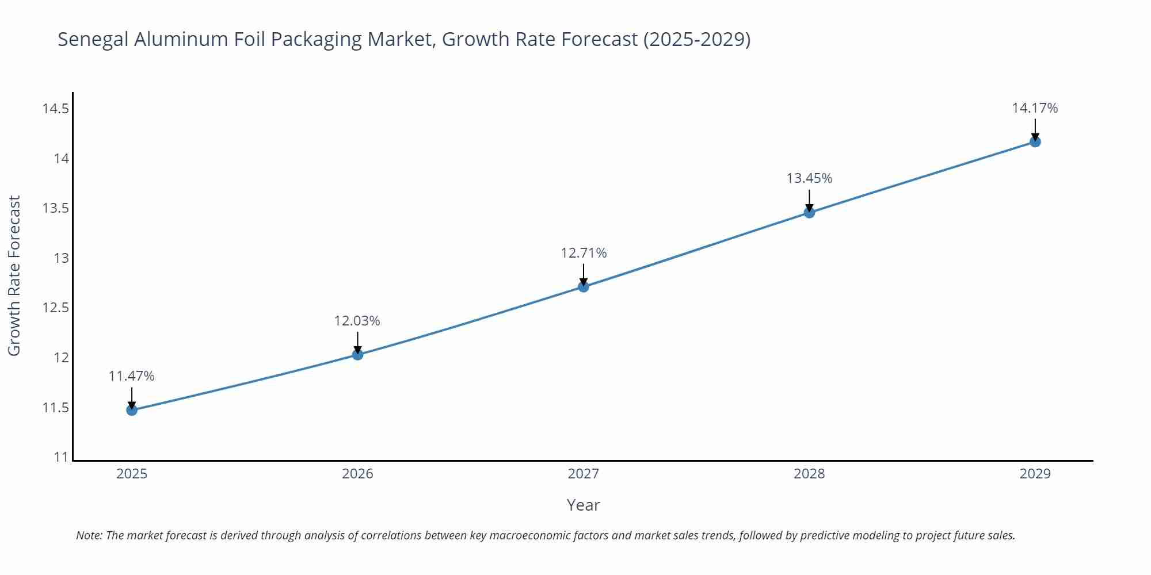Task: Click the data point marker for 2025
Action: tap(132, 410)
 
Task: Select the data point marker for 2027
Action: tap(584, 286)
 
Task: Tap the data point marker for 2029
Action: tap(1035, 141)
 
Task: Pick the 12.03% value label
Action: tap(357, 321)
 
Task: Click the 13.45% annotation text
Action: tap(809, 178)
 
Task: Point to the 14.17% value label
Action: tap(1035, 108)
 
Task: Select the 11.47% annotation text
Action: tap(131, 376)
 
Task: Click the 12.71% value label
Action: tap(584, 253)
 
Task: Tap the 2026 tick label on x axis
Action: tap(357, 474)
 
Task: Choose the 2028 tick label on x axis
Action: tap(809, 474)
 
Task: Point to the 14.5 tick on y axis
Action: tap(55, 109)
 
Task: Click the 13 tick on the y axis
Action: tap(61, 258)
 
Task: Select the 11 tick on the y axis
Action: tap(61, 457)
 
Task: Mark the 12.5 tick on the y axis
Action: tap(55, 308)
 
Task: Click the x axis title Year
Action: tap(583, 505)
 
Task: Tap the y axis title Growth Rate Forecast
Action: tap(14, 275)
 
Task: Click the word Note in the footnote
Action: tap(88, 535)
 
